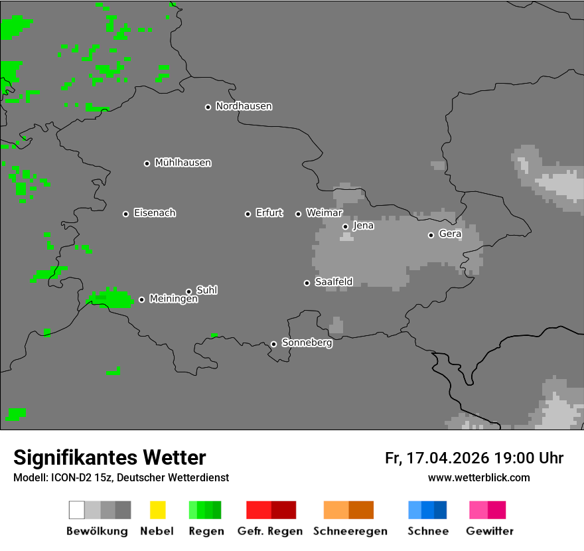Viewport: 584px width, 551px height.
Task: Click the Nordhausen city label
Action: [244, 106]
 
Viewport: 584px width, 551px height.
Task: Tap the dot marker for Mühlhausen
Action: [147, 163]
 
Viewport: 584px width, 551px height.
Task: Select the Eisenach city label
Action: [155, 213]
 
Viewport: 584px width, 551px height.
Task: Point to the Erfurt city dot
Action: [248, 214]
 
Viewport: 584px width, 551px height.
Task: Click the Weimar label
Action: [324, 213]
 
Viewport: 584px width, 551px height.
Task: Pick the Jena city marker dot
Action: [345, 226]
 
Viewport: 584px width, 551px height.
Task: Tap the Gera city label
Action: [450, 234]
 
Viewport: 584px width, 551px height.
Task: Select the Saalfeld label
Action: [333, 282]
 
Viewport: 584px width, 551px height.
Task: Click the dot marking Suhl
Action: [189, 291]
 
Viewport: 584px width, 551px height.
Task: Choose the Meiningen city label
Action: [173, 299]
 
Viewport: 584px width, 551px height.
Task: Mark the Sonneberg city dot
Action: [273, 344]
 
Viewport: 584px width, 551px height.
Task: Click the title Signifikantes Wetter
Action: [110, 457]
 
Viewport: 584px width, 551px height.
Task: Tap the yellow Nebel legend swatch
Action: [157, 510]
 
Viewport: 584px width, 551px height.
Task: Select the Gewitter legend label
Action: [490, 531]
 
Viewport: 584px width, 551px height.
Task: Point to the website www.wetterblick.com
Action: [478, 477]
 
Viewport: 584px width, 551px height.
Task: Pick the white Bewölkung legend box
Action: [76, 510]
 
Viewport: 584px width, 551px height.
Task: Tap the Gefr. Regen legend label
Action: [270, 531]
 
